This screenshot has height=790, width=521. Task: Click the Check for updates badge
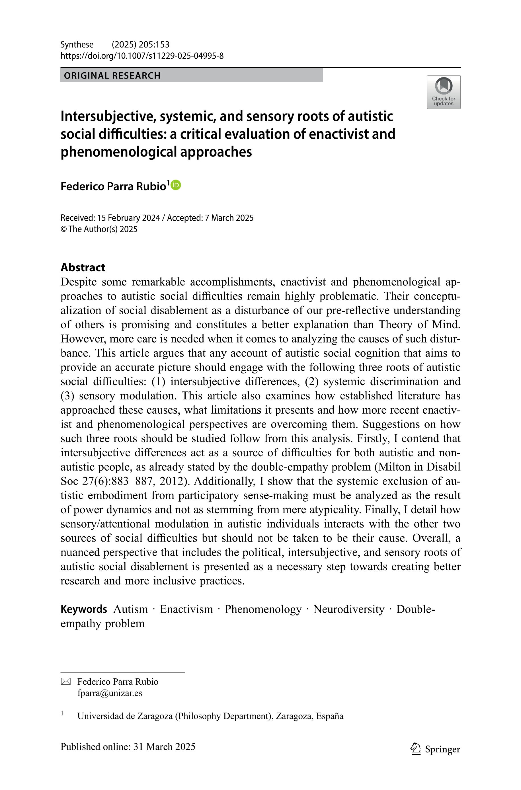443,92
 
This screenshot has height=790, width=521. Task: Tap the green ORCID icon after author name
176,185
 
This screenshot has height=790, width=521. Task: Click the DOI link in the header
142,56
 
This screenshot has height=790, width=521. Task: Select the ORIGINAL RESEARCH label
112,76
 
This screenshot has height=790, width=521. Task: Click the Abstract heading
83,267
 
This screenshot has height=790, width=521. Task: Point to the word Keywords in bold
84,609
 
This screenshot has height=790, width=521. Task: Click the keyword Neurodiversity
348,609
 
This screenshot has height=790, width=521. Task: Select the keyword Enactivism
186,609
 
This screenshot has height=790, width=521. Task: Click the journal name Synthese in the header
77,44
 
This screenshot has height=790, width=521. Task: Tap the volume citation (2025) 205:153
141,44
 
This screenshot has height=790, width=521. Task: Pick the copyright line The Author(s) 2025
103,229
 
